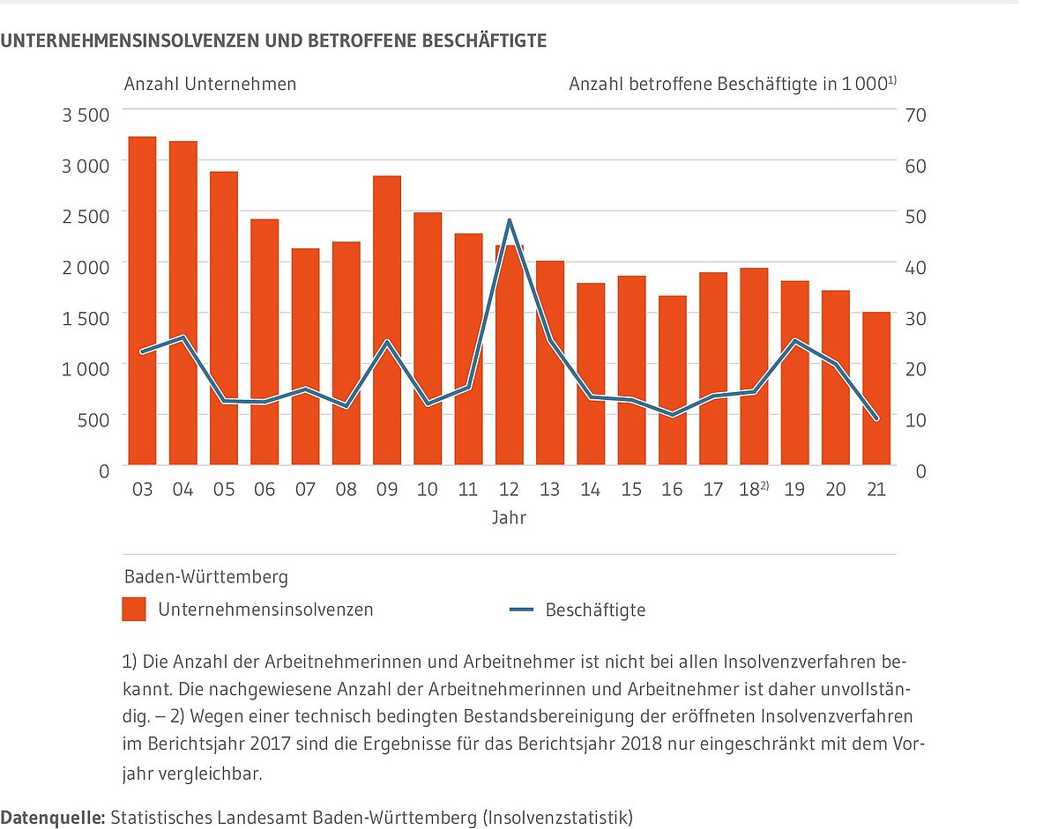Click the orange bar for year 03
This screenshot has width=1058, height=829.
(x=142, y=300)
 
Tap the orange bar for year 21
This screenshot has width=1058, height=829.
(x=876, y=388)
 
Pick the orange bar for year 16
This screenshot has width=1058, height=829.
(x=672, y=380)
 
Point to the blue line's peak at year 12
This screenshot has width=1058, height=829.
(x=510, y=220)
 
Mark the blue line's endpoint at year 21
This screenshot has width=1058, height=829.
(x=876, y=419)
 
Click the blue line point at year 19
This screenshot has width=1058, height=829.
(x=794, y=340)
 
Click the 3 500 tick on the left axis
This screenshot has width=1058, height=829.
(x=86, y=115)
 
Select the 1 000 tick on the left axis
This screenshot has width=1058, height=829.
(x=86, y=368)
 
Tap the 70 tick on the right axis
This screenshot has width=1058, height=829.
(x=915, y=115)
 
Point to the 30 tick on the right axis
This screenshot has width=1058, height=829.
(x=915, y=317)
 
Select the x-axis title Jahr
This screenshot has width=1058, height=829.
(x=509, y=518)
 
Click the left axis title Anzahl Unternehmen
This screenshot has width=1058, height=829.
(x=210, y=85)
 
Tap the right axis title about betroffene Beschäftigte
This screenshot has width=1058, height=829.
(x=732, y=85)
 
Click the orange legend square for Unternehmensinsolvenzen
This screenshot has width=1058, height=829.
(x=134, y=609)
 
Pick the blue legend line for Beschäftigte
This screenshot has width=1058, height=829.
(x=521, y=610)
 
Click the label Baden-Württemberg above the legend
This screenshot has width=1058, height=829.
(x=205, y=578)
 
